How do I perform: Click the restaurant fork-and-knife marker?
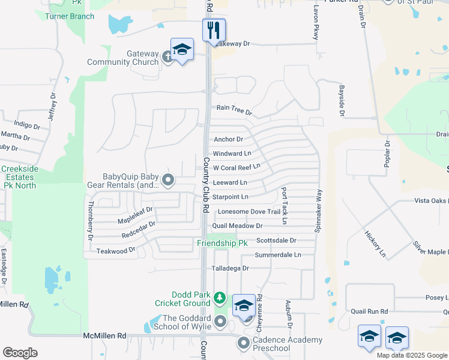[214, 30]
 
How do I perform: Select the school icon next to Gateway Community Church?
[182, 50]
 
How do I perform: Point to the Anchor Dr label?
[228, 139]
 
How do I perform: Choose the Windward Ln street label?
[232, 154]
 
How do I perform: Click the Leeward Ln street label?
[230, 182]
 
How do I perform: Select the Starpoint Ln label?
[231, 197]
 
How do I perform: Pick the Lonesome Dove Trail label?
[249, 211]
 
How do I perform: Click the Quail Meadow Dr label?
[237, 226]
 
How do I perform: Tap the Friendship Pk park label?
[222, 244]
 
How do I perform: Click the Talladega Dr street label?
[229, 268]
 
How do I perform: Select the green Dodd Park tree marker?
[220, 298]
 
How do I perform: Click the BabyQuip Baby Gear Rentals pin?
[168, 179]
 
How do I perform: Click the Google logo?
[20, 353]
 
